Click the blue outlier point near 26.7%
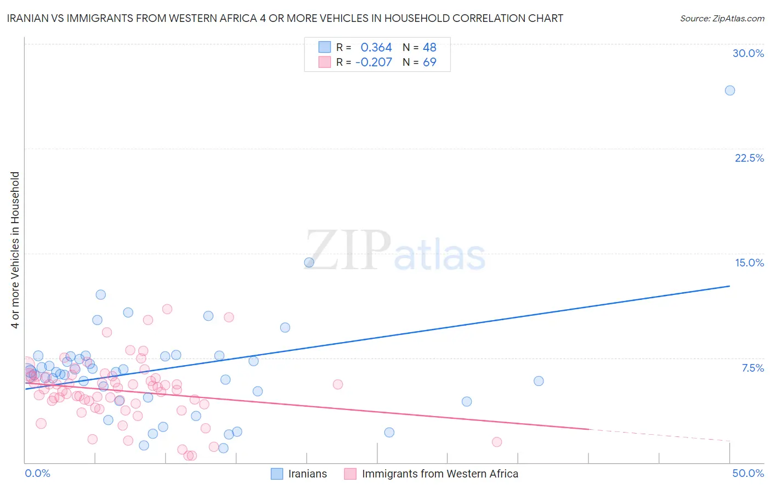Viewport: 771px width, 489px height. point(729,90)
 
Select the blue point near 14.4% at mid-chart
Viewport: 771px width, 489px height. point(309,263)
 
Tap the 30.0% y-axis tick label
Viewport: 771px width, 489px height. point(748,53)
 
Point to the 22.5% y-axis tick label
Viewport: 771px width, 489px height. point(749,158)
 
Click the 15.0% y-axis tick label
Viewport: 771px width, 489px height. point(749,263)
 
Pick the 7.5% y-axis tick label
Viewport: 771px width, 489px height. point(752,368)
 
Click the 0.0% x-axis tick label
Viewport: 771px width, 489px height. point(37,473)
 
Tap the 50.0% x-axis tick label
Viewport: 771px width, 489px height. point(748,473)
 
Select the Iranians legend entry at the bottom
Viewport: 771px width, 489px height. point(299,474)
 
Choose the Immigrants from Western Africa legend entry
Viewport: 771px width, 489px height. point(432,474)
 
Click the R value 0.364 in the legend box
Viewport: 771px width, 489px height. point(376,48)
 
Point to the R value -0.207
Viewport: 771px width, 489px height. point(373,62)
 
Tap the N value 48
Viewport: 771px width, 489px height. point(429,48)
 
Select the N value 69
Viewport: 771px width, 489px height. point(429,62)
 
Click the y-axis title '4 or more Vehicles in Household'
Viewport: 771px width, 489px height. point(15,250)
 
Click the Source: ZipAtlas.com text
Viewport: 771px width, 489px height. point(722,19)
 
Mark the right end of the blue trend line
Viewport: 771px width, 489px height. point(729,286)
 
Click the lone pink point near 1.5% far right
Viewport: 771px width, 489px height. point(497,442)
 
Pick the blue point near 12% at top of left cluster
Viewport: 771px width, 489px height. point(100,294)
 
